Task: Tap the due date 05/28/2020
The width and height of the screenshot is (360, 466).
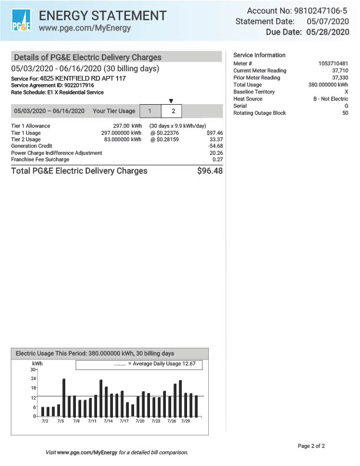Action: tap(332, 32)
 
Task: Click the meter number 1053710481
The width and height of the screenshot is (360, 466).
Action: tap(333, 64)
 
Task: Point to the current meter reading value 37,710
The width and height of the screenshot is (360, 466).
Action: tap(340, 71)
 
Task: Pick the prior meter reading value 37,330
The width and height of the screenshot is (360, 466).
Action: tap(340, 78)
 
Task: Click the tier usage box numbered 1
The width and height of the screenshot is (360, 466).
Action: tap(151, 111)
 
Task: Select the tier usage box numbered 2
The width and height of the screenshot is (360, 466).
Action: tap(173, 111)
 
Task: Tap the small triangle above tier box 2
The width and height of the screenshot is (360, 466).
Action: tap(171, 101)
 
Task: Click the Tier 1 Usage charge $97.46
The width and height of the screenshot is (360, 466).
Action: tap(215, 133)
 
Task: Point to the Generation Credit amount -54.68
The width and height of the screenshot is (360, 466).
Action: tap(215, 146)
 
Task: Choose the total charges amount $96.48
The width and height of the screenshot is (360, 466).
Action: tap(209, 171)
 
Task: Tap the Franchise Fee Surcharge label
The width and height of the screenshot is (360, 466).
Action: tap(40, 159)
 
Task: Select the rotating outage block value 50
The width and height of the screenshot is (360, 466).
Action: tap(345, 113)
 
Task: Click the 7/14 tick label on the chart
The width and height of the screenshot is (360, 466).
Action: tap(108, 421)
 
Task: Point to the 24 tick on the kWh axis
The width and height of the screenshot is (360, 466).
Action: tap(34, 378)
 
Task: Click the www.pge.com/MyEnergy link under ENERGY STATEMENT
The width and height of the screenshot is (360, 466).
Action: tap(85, 28)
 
